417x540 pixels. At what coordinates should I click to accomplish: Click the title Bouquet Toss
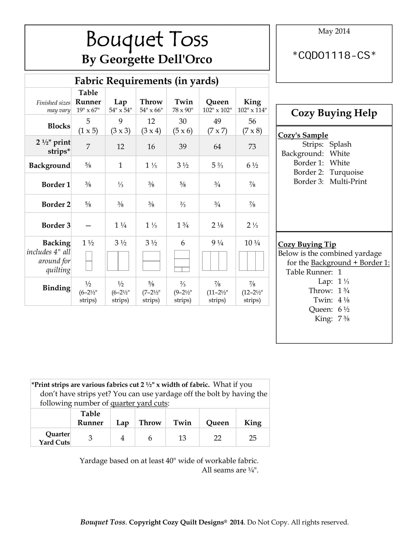[x=147, y=40]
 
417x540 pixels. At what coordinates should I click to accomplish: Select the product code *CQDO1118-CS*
[x=334, y=55]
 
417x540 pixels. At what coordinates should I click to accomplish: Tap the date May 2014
[x=334, y=31]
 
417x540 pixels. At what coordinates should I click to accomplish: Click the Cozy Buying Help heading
[x=334, y=113]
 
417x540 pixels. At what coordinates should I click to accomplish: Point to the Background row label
[x=49, y=165]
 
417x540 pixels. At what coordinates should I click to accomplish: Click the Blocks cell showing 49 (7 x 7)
[x=217, y=126]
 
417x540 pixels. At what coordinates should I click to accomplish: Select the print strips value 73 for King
[x=252, y=147]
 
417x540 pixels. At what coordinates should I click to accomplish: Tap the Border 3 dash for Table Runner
[x=88, y=226]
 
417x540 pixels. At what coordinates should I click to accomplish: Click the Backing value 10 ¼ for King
[x=252, y=243]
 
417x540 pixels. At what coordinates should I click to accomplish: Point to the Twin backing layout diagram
[x=182, y=261]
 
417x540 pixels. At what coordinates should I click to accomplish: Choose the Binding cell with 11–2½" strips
[x=217, y=292]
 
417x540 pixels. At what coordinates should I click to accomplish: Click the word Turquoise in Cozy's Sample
[x=346, y=172]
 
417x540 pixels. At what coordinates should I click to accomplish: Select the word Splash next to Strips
[x=340, y=144]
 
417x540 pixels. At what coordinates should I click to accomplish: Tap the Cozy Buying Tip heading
[x=307, y=244]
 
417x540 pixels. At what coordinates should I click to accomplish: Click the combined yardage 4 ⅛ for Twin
[x=344, y=300]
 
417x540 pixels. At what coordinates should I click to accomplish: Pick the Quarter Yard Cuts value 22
[x=217, y=438]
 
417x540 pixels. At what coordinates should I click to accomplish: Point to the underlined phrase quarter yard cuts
[x=139, y=403]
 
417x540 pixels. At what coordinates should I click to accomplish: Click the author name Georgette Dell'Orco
[x=156, y=59]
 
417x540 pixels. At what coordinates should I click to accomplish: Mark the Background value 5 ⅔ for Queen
[x=217, y=165]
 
